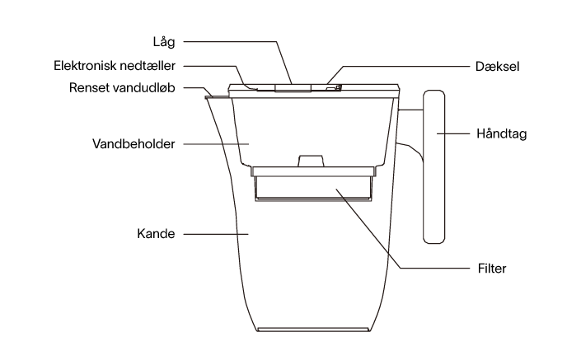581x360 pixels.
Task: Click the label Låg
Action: click(x=165, y=40)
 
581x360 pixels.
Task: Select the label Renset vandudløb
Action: click(x=124, y=87)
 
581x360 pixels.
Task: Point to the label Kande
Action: click(x=157, y=234)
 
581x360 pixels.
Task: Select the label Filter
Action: click(x=491, y=269)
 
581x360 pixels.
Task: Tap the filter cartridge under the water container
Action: click(x=312, y=187)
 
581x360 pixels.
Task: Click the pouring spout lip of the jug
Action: click(x=217, y=96)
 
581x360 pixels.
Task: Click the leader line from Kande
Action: click(x=214, y=234)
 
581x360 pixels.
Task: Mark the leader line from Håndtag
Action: click(x=457, y=133)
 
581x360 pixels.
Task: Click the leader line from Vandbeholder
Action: click(x=214, y=143)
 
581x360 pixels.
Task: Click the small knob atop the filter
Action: click(x=310, y=159)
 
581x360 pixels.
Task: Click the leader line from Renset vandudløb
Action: click(x=196, y=87)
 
